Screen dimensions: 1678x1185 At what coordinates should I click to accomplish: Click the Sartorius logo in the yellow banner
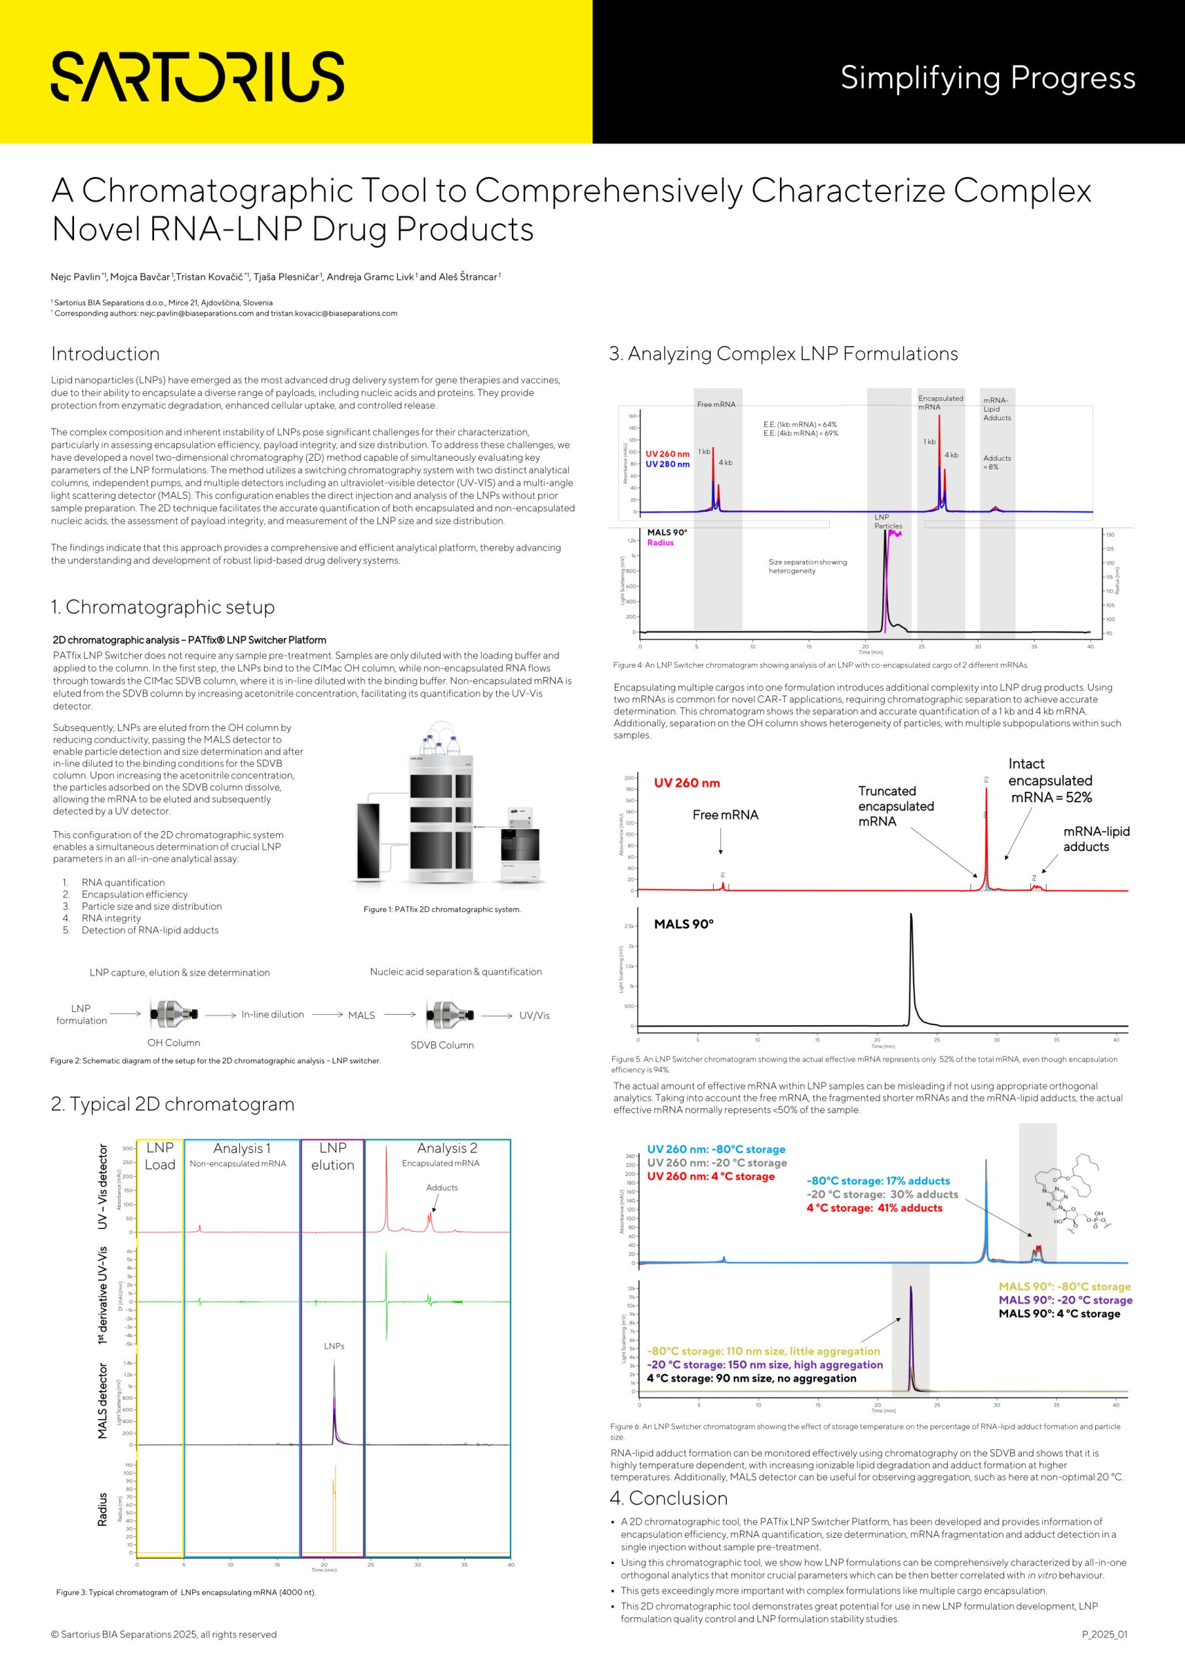pos(197,75)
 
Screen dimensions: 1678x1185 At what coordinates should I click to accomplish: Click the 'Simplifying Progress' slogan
pos(987,77)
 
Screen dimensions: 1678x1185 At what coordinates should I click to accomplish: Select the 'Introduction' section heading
pos(106,354)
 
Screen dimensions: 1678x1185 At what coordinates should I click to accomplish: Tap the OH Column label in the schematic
pos(173,1043)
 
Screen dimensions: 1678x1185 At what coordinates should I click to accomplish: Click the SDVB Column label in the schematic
pos(442,1045)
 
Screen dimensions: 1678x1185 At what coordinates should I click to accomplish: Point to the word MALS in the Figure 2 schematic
pos(361,1015)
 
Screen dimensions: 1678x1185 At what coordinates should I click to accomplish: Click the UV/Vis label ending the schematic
pos(534,1015)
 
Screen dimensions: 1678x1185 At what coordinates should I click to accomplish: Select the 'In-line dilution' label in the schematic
pos(273,1015)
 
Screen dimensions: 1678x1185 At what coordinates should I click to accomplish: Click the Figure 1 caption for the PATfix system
pos(442,909)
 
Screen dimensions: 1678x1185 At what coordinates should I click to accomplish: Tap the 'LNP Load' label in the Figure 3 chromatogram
pos(160,1156)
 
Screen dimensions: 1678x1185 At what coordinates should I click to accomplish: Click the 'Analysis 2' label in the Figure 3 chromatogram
pos(446,1148)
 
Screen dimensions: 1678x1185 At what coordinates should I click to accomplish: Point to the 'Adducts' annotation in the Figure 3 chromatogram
pos(442,1188)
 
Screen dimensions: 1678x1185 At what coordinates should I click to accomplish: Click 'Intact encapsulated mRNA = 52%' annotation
pos(1051,781)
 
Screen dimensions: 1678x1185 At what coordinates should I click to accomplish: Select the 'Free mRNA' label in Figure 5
pos(725,815)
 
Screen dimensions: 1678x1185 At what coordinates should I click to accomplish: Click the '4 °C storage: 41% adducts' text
pos(874,1208)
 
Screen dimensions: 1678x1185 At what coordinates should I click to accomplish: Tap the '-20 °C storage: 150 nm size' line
pos(764,1365)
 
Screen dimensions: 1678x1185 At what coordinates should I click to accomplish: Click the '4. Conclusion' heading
pos(669,1498)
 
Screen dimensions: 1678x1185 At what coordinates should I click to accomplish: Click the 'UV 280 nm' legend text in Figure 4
pos(667,464)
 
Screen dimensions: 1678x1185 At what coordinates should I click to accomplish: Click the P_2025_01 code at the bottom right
pos(1104,1634)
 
